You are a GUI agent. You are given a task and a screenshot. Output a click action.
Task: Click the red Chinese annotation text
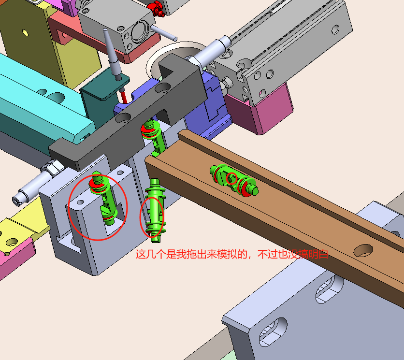click(232, 254)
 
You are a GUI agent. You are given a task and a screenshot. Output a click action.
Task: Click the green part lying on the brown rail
click(234, 180)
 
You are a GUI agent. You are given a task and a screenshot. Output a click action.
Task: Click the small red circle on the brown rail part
click(231, 178)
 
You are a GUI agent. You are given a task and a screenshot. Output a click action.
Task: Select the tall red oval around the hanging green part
click(152, 217)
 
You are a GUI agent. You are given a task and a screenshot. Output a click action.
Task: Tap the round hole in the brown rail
click(363, 250)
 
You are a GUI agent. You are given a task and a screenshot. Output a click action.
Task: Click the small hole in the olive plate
click(25, 32)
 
